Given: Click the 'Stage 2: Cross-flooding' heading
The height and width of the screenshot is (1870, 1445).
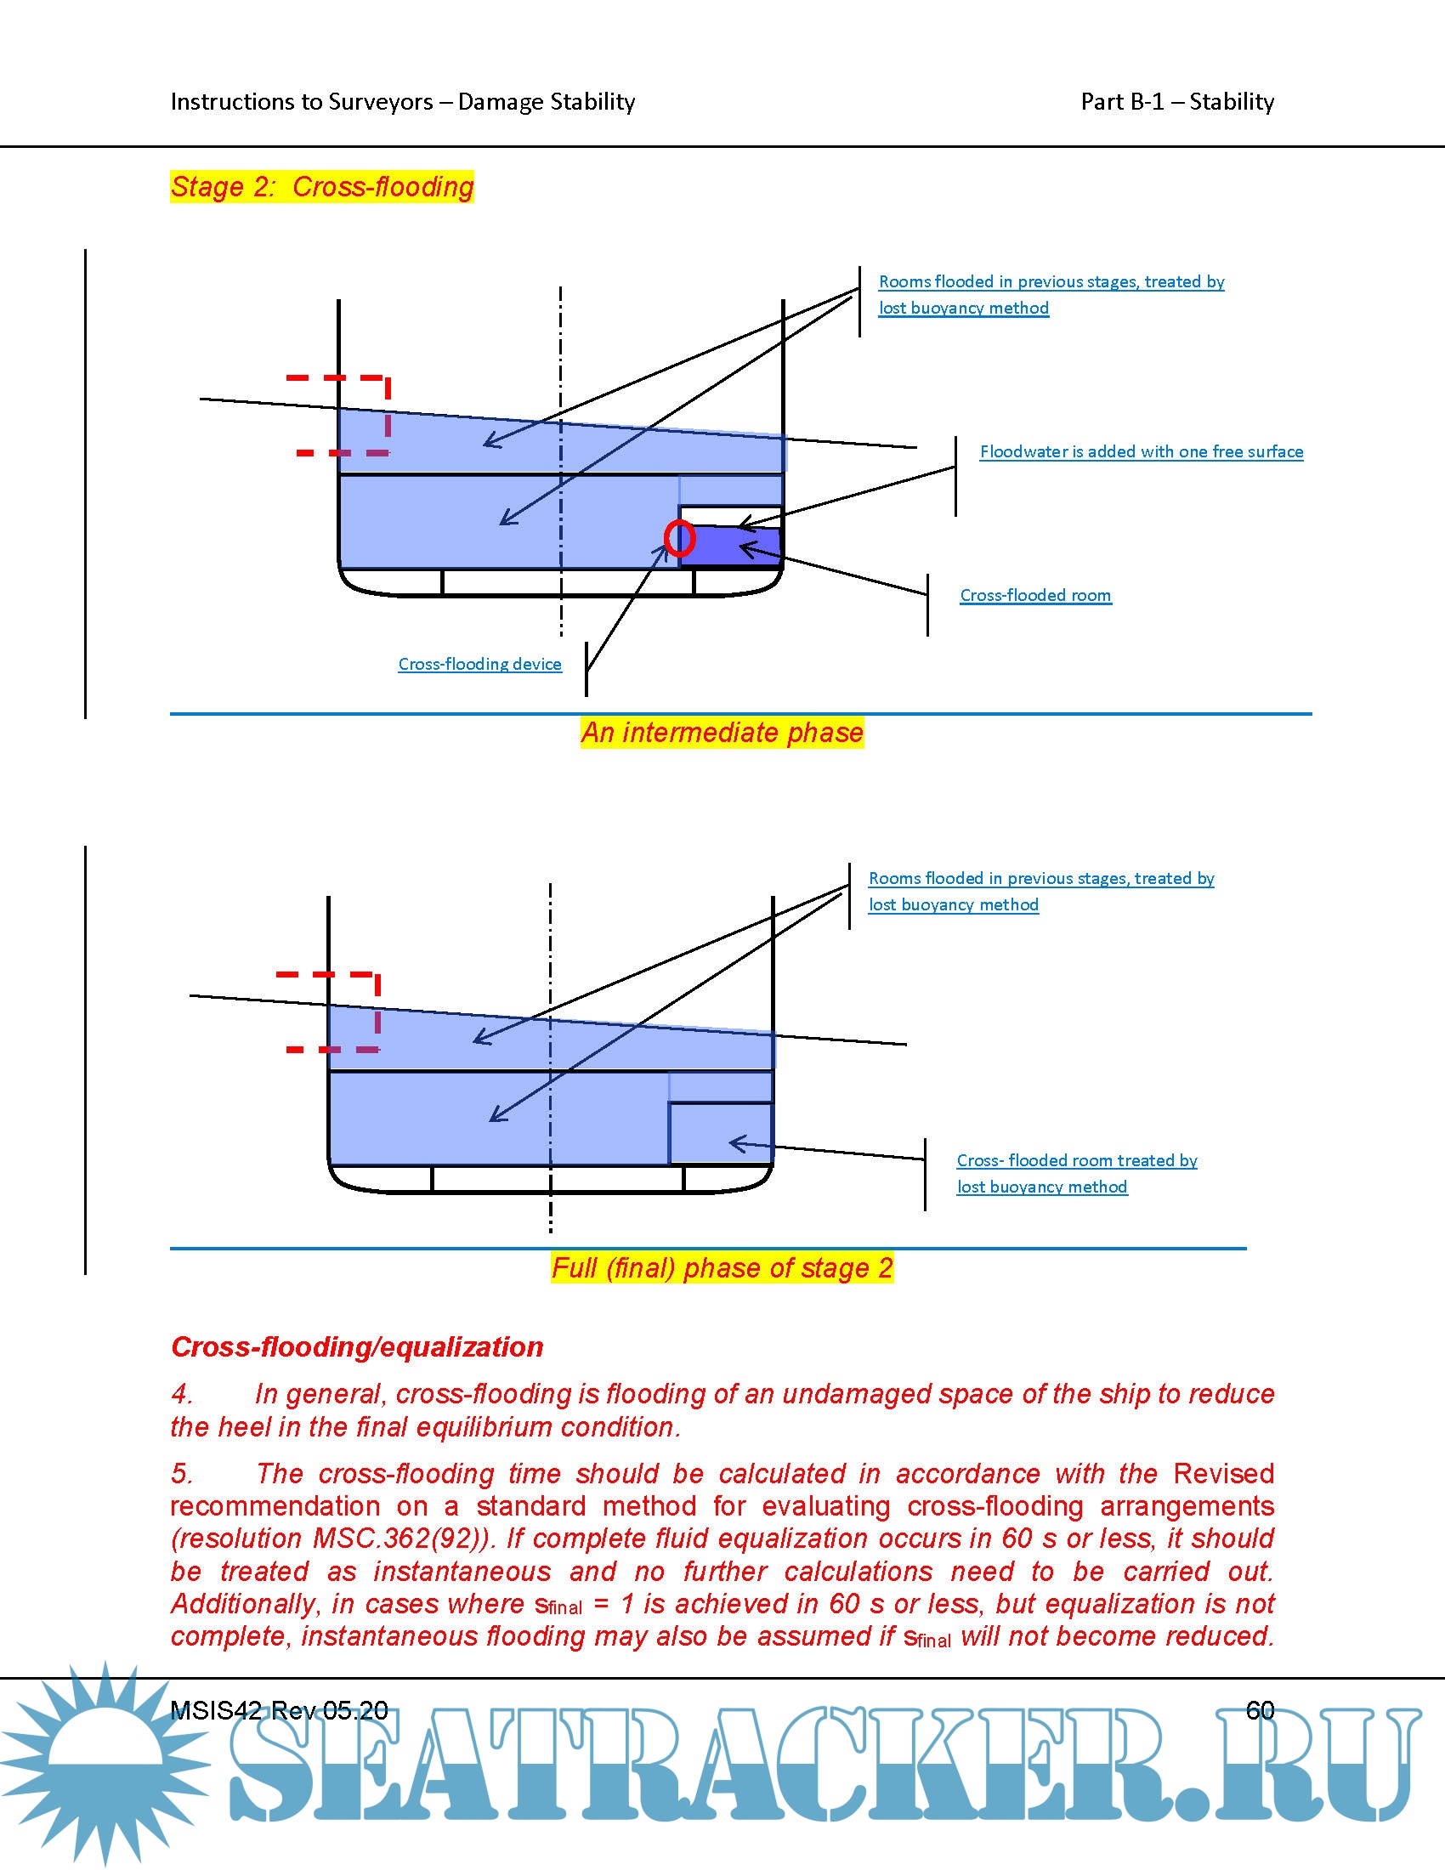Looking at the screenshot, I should point(322,187).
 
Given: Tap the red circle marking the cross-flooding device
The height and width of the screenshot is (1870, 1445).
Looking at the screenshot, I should point(679,539).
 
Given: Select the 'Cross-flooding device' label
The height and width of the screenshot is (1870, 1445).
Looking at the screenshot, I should point(479,664).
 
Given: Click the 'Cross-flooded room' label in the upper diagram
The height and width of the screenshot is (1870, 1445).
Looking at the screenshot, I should point(1035,595).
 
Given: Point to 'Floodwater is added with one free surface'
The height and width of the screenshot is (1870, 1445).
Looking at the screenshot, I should point(1141,451).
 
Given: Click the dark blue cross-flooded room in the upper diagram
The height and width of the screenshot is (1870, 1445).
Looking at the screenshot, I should point(729,547).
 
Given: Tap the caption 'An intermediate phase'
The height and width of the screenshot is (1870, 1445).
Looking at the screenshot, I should point(722,733).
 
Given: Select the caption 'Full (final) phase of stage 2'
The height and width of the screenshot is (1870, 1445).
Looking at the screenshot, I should point(722,1267).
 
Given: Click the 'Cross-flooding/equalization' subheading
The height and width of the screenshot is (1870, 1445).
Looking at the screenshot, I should point(357,1347).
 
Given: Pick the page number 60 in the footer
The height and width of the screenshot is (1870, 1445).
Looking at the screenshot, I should point(1260,1710).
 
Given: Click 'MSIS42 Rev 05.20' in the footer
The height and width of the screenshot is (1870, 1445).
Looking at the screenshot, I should point(279,1710).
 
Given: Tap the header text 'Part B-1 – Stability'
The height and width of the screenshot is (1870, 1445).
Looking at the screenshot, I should point(1177,102).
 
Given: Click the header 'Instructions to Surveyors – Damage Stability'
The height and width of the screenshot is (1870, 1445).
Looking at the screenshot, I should point(402,102).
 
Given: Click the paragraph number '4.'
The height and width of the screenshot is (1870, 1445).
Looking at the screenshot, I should point(182,1394).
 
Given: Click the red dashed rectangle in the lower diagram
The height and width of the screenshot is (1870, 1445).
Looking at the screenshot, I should point(377,1011).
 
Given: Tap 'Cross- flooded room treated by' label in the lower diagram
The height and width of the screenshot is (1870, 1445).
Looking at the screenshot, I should point(1076,1160).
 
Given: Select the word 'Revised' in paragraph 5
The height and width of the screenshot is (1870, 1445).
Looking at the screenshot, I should point(1223,1474).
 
